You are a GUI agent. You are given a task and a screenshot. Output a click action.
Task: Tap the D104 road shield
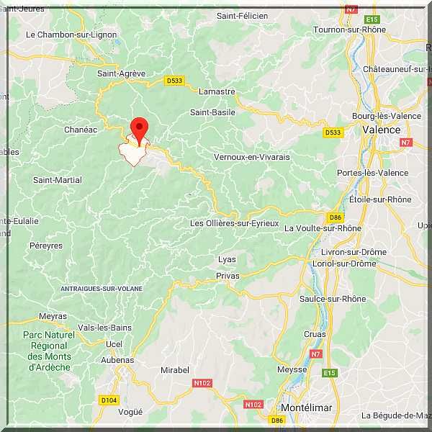(109, 400)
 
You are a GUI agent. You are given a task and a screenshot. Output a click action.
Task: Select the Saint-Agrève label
(121, 73)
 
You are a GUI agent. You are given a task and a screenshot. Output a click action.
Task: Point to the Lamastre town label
(217, 91)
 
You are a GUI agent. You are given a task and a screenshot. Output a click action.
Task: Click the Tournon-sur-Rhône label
(349, 30)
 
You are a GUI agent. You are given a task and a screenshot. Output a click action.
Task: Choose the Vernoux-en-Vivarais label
(251, 156)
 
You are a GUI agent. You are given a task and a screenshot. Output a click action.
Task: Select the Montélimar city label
(306, 408)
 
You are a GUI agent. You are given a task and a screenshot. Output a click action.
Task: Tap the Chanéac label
(80, 130)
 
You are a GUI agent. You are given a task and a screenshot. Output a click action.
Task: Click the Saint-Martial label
(58, 180)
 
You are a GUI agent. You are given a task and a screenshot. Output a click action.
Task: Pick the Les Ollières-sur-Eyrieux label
(234, 223)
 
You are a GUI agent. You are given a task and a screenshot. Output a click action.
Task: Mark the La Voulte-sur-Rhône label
(323, 228)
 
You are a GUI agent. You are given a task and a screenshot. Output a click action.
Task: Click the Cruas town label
(315, 334)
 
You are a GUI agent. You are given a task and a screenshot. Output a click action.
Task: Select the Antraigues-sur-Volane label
(102, 289)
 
